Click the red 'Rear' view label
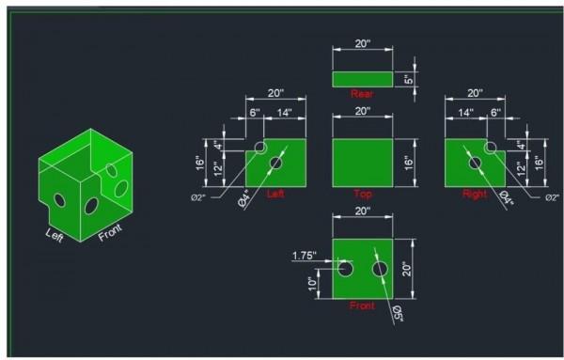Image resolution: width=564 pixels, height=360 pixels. (362, 94)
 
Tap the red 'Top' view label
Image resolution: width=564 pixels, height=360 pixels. (363, 195)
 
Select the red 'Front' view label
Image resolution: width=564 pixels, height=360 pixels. (362, 305)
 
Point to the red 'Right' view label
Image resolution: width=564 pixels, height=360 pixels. (475, 195)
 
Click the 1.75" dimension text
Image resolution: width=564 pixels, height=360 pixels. (305, 256)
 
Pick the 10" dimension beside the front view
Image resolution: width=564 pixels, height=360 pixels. (313, 284)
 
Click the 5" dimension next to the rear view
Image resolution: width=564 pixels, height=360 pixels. (409, 79)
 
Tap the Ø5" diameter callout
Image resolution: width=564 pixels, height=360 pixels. (397, 313)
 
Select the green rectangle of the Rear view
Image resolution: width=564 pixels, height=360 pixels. (363, 79)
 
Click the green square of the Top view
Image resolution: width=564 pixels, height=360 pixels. (363, 163)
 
